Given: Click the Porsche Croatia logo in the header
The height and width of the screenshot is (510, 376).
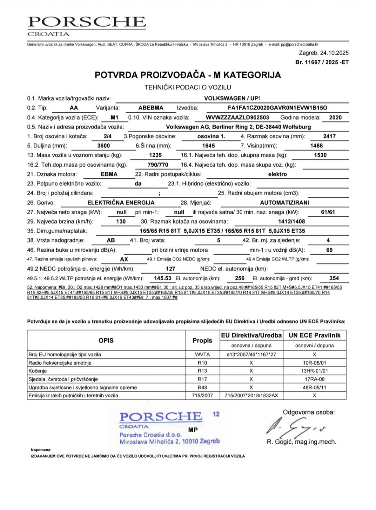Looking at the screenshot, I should pyautogui.click(x=87, y=26).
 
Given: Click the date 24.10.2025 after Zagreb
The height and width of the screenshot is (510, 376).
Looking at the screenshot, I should pyautogui.click(x=334, y=53).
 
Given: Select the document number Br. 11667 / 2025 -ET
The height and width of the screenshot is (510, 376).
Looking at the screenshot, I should pyautogui.click(x=322, y=62).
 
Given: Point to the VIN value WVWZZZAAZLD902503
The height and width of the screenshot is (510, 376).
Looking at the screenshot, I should pyautogui.click(x=237, y=117).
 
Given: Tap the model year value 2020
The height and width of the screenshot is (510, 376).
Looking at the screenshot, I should pyautogui.click(x=335, y=117).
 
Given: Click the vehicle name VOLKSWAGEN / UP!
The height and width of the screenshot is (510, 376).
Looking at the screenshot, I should pyautogui.click(x=232, y=98).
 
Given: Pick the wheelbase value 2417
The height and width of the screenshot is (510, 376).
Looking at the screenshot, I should pyautogui.click(x=329, y=136).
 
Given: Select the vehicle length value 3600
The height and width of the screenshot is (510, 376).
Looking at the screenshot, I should pyautogui.click(x=104, y=146).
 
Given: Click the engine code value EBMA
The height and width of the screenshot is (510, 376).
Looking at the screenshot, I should pyautogui.click(x=109, y=174).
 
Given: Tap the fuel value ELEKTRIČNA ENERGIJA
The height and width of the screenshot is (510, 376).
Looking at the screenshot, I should pyautogui.click(x=121, y=203).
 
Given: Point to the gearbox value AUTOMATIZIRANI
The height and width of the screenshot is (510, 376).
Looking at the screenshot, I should pyautogui.click(x=285, y=203).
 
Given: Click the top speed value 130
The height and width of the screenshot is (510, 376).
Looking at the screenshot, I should pyautogui.click(x=121, y=222).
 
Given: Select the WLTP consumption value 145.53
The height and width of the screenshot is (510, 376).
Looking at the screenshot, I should pyautogui.click(x=162, y=278).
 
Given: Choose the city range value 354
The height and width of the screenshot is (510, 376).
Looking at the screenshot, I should pyautogui.click(x=334, y=278).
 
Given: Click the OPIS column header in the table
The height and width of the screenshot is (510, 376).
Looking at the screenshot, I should pyautogui.click(x=106, y=340).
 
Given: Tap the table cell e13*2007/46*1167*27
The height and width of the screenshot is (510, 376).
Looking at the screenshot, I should pyautogui.click(x=251, y=355).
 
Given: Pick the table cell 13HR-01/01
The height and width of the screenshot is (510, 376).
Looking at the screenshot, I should pyautogui.click(x=314, y=371).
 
